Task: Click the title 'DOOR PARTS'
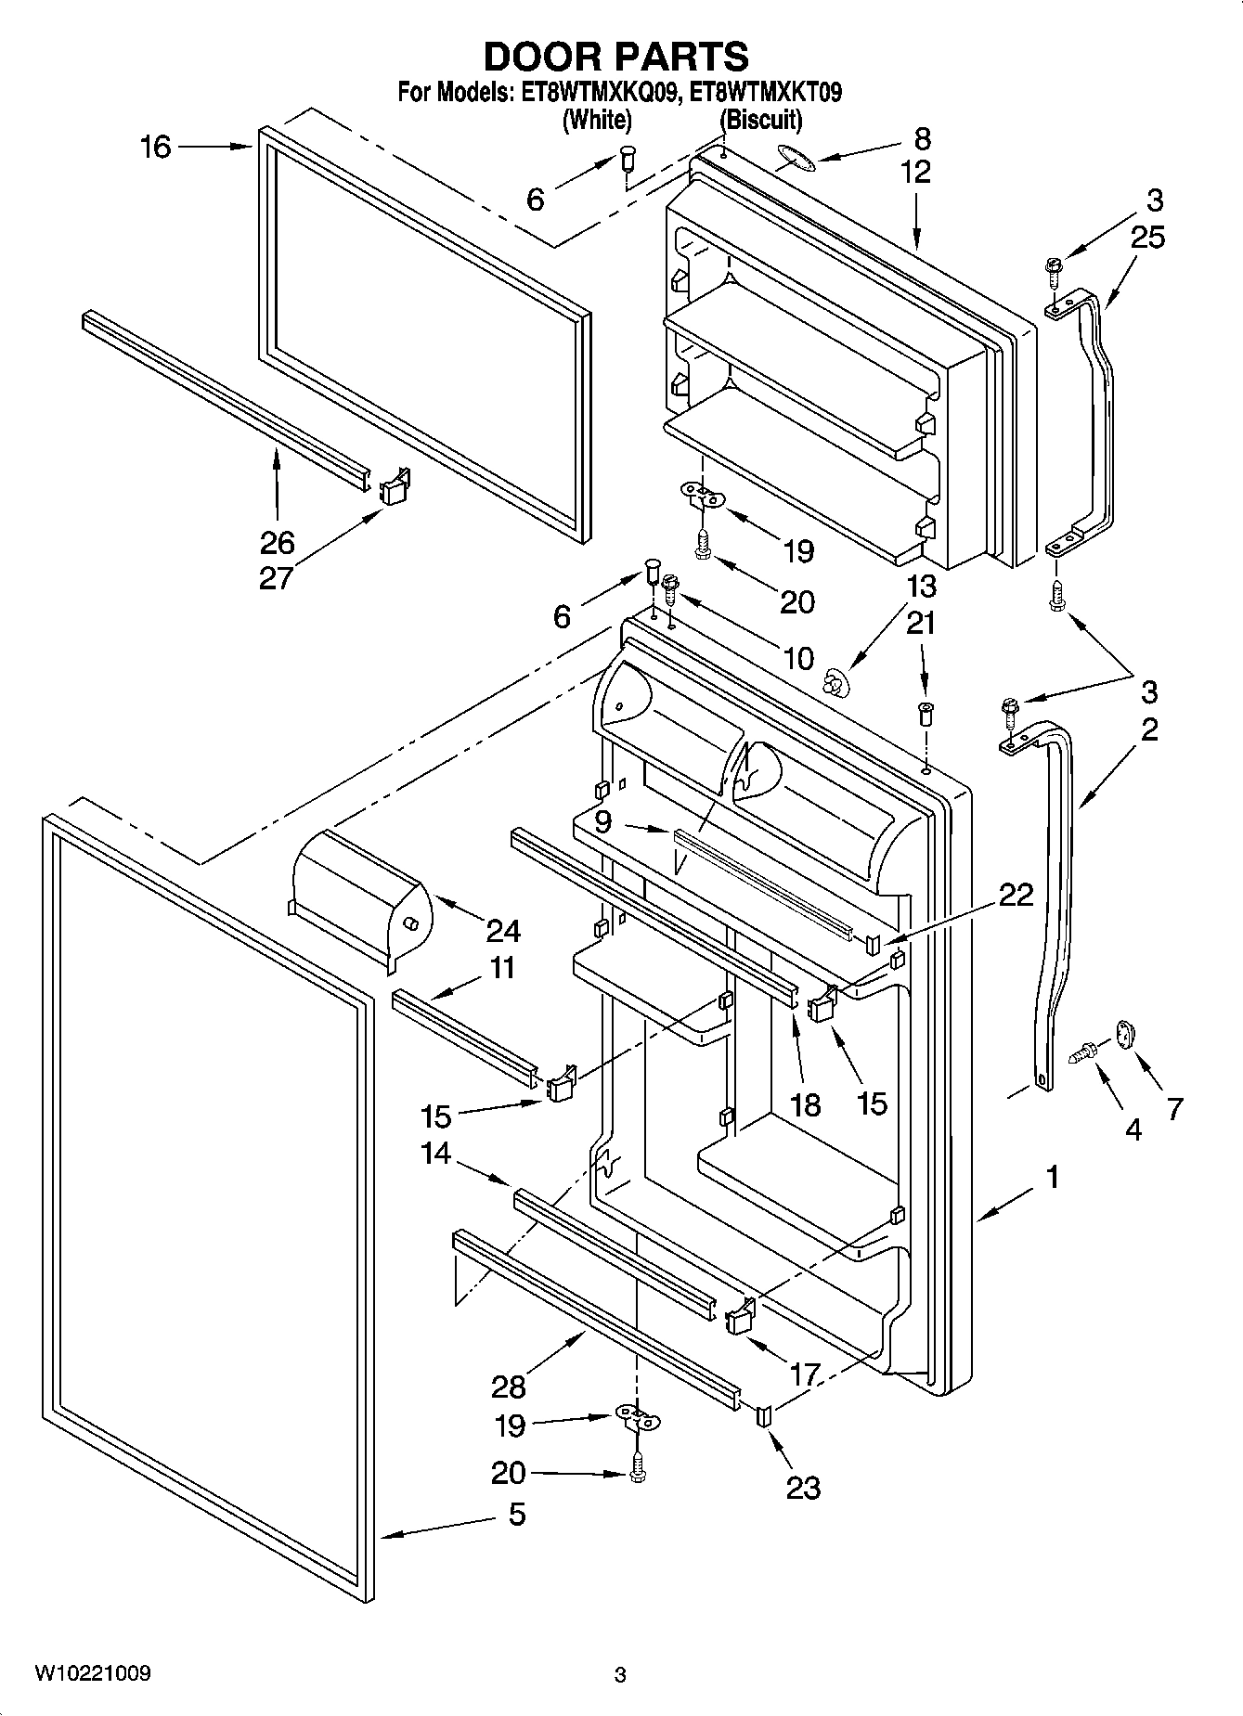616,58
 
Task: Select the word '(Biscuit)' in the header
761,120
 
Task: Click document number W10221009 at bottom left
93,1673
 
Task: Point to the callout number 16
156,147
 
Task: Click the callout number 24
503,930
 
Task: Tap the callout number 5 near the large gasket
517,1514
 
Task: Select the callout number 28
510,1387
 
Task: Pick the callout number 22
1016,895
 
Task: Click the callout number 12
915,173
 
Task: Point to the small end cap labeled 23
766,1416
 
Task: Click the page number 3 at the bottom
620,1675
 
